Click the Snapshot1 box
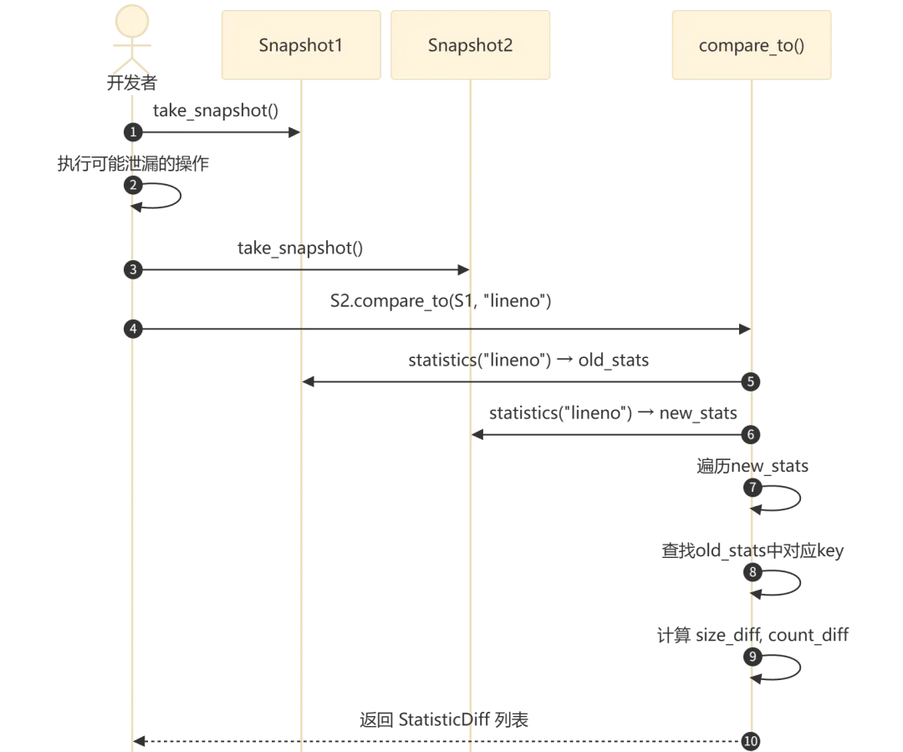(300, 44)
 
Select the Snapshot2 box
(471, 44)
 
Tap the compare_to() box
(752, 44)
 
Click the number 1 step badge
(132, 132)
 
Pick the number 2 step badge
(132, 185)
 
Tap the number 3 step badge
(132, 270)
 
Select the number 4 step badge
(132, 329)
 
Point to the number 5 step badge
(751, 381)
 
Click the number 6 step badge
(751, 435)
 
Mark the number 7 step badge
(752, 488)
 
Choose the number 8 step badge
(752, 573)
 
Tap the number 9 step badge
(752, 657)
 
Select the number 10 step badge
(751, 740)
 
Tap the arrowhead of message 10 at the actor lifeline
(141, 739)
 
